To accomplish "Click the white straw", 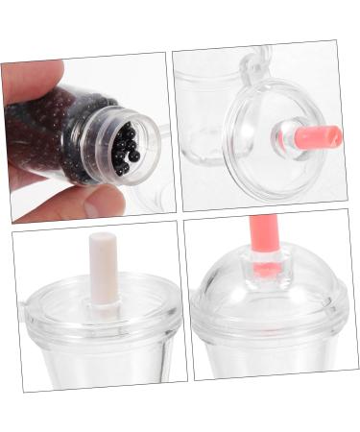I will [103, 269].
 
